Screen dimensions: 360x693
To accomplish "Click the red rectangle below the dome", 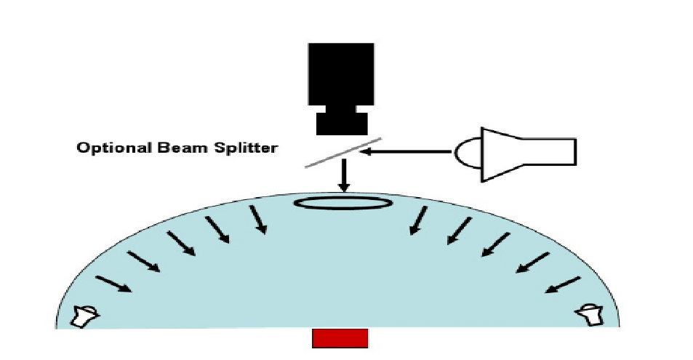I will pos(340,338).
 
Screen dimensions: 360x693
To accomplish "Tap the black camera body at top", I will pos(341,74).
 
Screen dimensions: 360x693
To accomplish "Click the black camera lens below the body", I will pos(341,121).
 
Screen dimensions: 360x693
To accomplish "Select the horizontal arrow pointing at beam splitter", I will pos(408,152).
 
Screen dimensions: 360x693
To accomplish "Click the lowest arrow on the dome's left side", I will pos(113,284).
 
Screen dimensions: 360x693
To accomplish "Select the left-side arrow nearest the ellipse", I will pos(257,220).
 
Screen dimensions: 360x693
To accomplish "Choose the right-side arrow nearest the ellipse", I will pos(419,220).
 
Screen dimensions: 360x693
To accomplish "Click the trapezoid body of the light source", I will pos(502,152).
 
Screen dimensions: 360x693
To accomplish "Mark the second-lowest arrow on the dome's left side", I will pos(144,262).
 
